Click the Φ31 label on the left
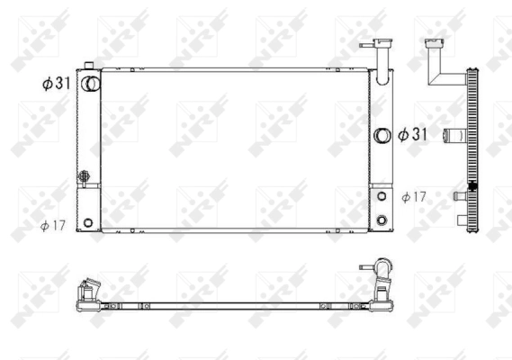(58, 83)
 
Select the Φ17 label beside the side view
(415, 196)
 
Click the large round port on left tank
(89, 83)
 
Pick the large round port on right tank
(382, 135)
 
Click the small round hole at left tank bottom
(88, 222)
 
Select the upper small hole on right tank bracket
(382, 195)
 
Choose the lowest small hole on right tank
(382, 220)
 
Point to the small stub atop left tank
(88, 64)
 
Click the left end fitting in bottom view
(87, 294)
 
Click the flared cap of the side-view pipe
(436, 41)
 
